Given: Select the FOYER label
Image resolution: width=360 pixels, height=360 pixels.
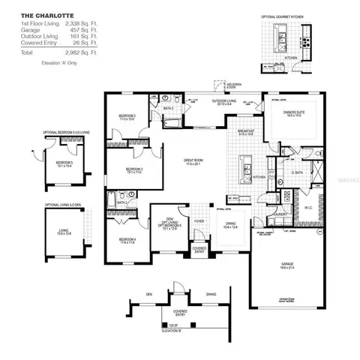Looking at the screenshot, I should (x=199, y=221).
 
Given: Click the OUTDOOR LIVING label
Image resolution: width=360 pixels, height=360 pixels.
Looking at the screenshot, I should (x=223, y=102).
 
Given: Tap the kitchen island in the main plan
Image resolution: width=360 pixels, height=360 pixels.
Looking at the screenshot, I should (x=244, y=169).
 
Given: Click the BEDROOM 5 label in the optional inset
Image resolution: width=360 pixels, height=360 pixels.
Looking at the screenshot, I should (x=64, y=163).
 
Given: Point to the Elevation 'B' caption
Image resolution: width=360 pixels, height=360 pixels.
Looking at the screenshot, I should (x=172, y=331).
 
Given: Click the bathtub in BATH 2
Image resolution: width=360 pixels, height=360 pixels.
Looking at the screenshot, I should (x=112, y=199).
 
